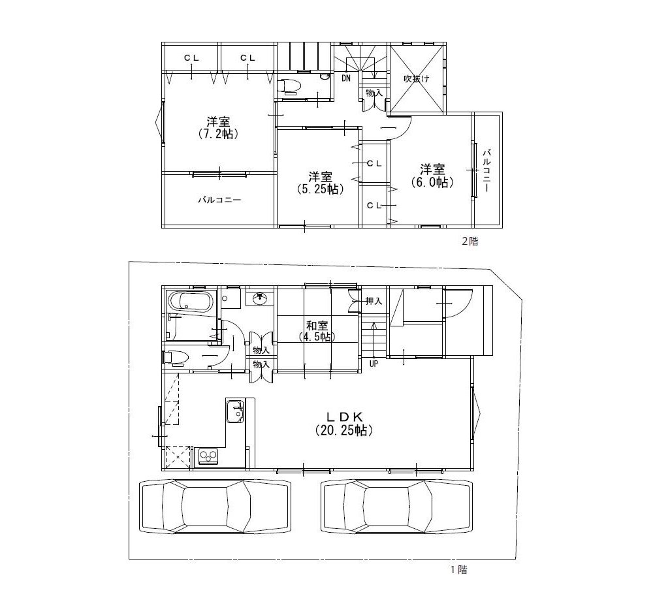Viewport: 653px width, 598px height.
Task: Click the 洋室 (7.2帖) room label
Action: (x=218, y=128)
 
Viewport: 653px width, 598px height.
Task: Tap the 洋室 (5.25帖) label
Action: (x=321, y=182)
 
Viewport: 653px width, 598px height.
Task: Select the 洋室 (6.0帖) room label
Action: (x=432, y=176)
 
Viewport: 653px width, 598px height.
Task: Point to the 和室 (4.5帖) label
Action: (x=317, y=330)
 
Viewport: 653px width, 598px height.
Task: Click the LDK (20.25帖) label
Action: (x=343, y=423)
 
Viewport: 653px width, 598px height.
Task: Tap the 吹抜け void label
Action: (x=416, y=78)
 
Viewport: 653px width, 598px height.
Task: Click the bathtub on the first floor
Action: (x=190, y=302)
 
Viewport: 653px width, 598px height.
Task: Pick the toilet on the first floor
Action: (x=174, y=357)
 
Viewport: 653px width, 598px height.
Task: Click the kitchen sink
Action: (x=235, y=411)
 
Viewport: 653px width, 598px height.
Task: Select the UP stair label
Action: (x=374, y=364)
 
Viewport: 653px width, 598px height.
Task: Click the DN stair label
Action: (x=346, y=78)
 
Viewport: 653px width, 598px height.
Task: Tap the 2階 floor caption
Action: (x=470, y=241)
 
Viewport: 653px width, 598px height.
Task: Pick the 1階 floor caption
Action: (x=458, y=570)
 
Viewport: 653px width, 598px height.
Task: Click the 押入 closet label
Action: (x=374, y=301)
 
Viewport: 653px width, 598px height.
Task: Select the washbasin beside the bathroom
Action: (x=261, y=298)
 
